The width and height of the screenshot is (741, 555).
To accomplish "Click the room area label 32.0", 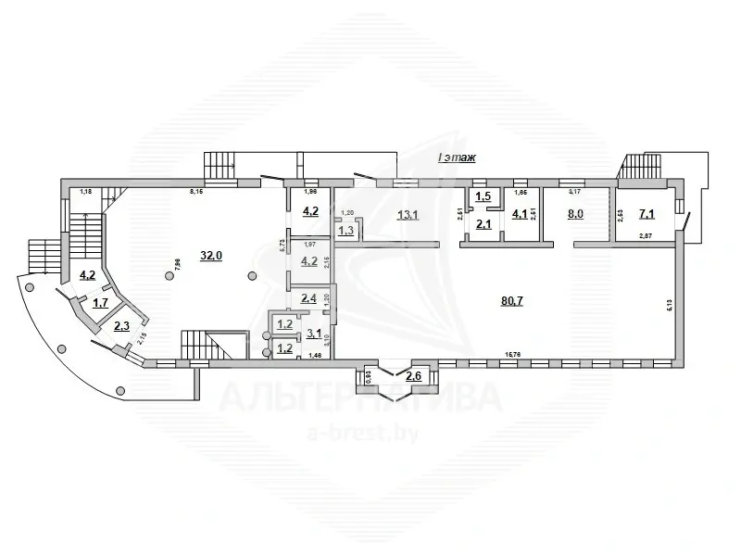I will click(x=213, y=257).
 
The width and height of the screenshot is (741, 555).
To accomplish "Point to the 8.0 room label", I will click(x=575, y=214).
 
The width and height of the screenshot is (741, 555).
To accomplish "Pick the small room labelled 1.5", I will click(x=483, y=196).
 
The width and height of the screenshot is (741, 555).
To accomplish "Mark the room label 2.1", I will click(x=483, y=223).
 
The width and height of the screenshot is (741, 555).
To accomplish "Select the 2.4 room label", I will click(x=309, y=298).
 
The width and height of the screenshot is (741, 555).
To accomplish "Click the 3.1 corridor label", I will click(x=314, y=334).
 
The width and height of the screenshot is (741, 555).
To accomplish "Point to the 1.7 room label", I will click(x=99, y=303).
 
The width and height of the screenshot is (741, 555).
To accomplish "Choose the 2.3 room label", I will click(x=122, y=326).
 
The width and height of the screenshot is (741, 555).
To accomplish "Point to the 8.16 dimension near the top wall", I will click(x=196, y=192).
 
